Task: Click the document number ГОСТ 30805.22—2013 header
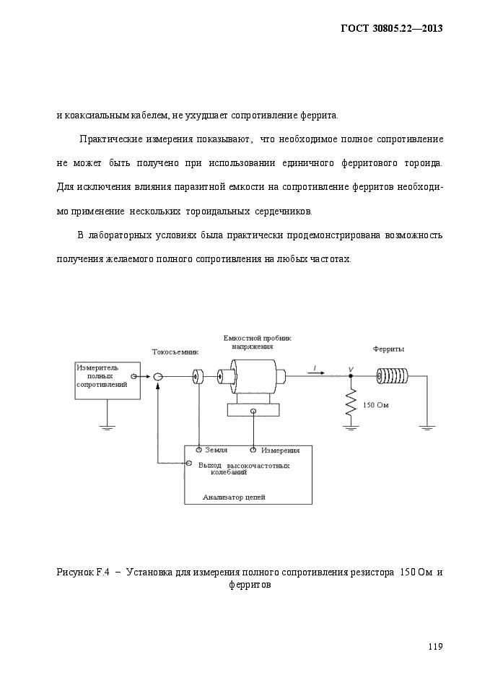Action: pos(391,28)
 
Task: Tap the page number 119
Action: pos(435,646)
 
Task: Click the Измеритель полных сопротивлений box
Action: pos(108,380)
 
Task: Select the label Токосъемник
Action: pos(175,352)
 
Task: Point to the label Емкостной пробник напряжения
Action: pos(257,342)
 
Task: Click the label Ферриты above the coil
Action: pos(388,349)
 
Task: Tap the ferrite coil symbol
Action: pos(393,376)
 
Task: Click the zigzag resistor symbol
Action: pos(351,403)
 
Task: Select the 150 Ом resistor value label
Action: pos(375,405)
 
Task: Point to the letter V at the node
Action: pos(351,370)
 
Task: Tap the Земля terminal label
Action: pos(216,450)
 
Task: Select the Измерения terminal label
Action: pos(281,450)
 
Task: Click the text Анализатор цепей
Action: pos(234,497)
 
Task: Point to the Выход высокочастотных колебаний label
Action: pos(244,469)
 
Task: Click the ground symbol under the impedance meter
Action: pos(107,427)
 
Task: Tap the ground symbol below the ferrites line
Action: pos(427,427)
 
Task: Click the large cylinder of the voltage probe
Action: pos(253,376)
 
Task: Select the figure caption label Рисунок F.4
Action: pos(82,572)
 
